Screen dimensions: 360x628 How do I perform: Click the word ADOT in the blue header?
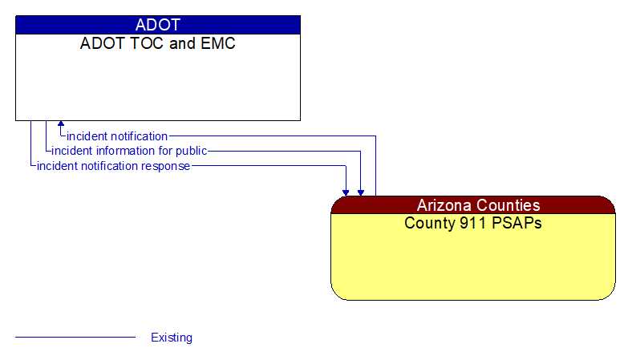(x=158, y=25)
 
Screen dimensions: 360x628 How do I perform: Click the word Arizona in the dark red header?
(x=444, y=205)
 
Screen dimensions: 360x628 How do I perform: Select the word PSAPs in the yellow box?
(x=514, y=223)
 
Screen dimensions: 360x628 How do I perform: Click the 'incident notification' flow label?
(x=117, y=136)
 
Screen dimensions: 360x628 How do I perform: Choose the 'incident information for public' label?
(x=129, y=151)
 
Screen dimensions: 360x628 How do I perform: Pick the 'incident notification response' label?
(x=113, y=166)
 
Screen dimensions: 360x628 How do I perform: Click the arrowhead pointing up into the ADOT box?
(x=61, y=125)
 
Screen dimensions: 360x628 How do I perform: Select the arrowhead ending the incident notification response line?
(x=346, y=192)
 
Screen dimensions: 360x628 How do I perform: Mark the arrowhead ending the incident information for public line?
(x=361, y=192)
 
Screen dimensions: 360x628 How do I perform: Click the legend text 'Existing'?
(x=172, y=338)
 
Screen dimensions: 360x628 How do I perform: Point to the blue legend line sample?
(x=75, y=338)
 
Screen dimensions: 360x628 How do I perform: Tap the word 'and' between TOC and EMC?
(x=182, y=43)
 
